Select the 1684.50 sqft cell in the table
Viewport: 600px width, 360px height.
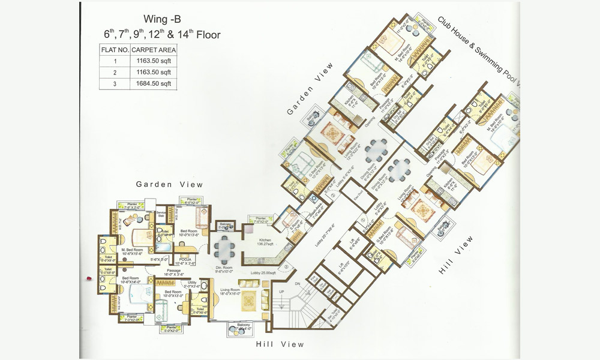[154, 83]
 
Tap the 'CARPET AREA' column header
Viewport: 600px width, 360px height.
[154, 50]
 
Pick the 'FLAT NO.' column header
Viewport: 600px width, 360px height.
[114, 50]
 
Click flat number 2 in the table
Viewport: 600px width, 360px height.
[114, 72]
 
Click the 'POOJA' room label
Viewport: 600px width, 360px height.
[185, 260]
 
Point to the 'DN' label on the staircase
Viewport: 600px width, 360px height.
[296, 284]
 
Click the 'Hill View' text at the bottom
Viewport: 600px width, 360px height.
[280, 344]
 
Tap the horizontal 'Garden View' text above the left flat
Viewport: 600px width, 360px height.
[169, 184]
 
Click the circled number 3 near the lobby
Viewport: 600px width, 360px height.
[287, 266]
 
